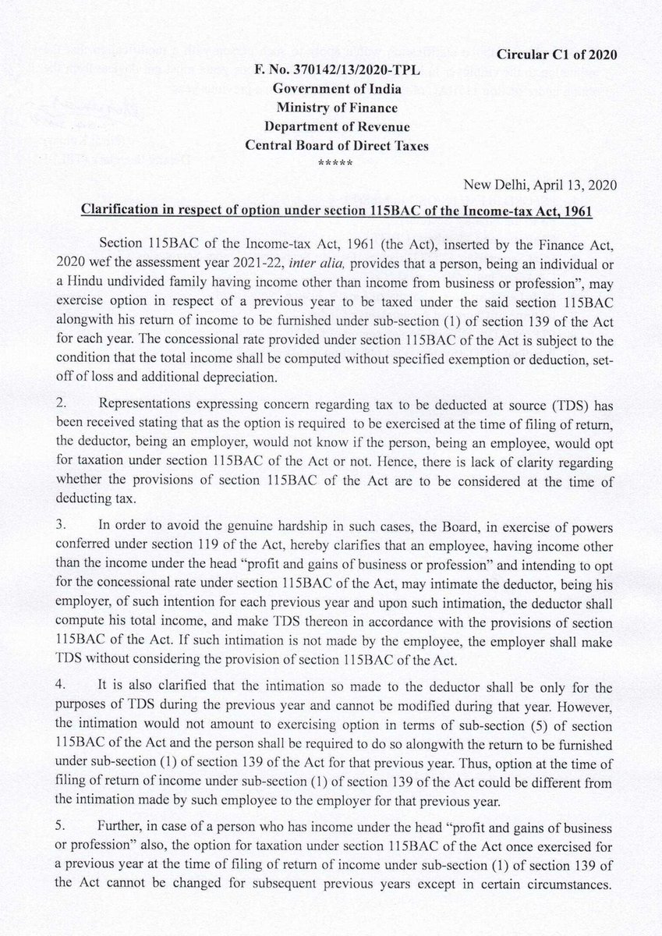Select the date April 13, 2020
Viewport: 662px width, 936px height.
580,185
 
